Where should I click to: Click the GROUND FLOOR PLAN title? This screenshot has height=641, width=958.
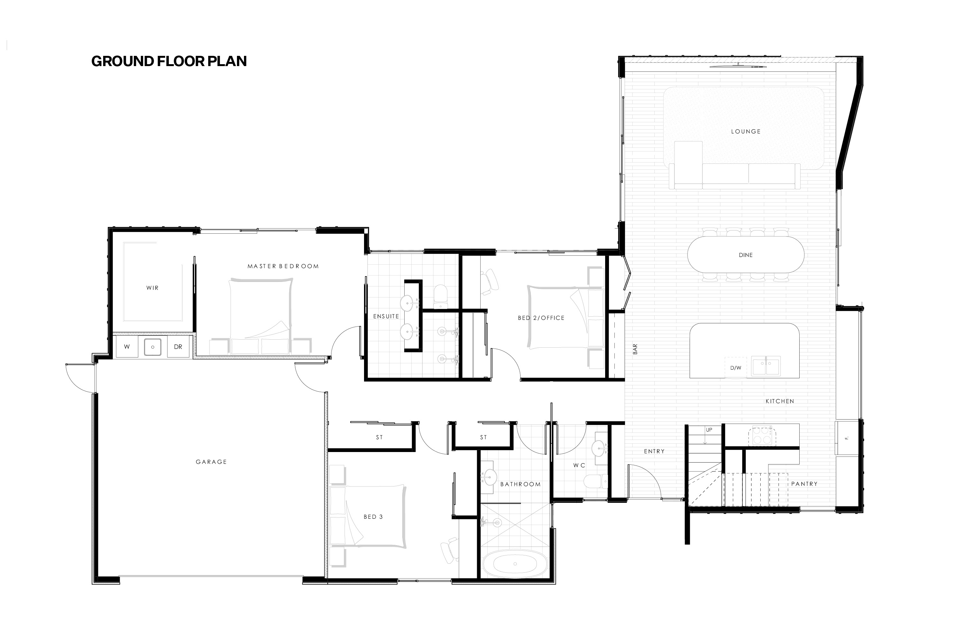tap(169, 61)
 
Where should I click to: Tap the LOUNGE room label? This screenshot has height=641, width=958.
tap(746, 132)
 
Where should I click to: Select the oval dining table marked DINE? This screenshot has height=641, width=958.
tap(746, 255)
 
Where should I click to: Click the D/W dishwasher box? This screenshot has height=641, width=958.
tap(735, 367)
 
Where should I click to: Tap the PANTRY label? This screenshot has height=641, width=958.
tap(804, 484)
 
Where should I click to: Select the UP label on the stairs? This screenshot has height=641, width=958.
tap(709, 430)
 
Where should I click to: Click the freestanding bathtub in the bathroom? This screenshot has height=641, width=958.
tap(515, 564)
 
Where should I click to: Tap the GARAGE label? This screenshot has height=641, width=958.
tap(211, 462)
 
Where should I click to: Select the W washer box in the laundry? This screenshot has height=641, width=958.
tap(127, 347)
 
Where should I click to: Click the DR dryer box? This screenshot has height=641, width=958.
tap(178, 347)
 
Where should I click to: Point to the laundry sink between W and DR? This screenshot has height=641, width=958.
tap(153, 347)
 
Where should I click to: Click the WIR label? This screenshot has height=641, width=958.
tap(153, 288)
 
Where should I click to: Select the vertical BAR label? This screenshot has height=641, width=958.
tap(635, 349)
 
